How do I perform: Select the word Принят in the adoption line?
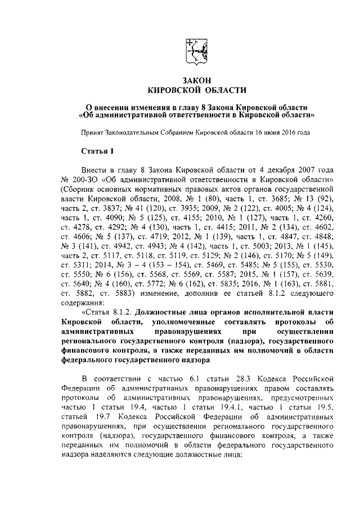[93, 133]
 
